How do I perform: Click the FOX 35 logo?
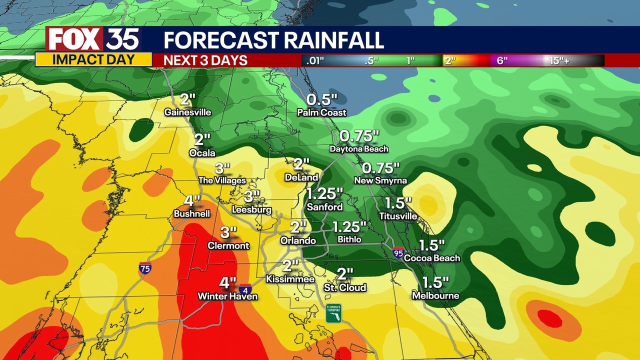tap(93, 39)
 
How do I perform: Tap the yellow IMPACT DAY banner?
tap(93, 60)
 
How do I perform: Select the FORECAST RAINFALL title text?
tap(273, 40)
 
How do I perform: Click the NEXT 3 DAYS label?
tap(206, 60)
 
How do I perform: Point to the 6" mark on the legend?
tap(502, 60)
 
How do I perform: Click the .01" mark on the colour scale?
tap(313, 60)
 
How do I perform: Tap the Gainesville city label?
tap(187, 112)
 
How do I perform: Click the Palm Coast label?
tap(321, 112)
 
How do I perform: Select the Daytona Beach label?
tap(359, 149)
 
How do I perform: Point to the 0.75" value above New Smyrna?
tap(381, 168)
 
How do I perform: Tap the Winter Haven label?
tap(227, 296)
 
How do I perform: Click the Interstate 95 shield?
tap(398, 252)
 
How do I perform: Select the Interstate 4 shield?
tap(245, 289)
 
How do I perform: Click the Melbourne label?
tap(435, 296)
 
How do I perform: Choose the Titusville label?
tap(398, 216)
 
